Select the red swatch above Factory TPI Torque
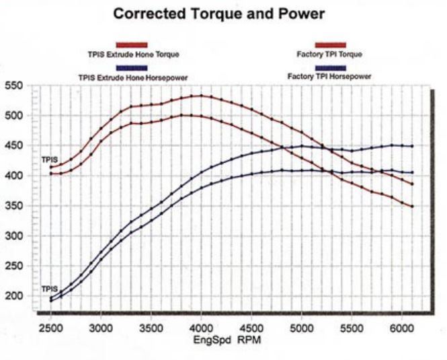coord(329,45)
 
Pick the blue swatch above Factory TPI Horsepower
coord(329,68)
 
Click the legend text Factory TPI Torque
coord(329,54)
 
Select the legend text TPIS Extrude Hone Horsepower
coord(133,77)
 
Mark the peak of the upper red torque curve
coord(201,96)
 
